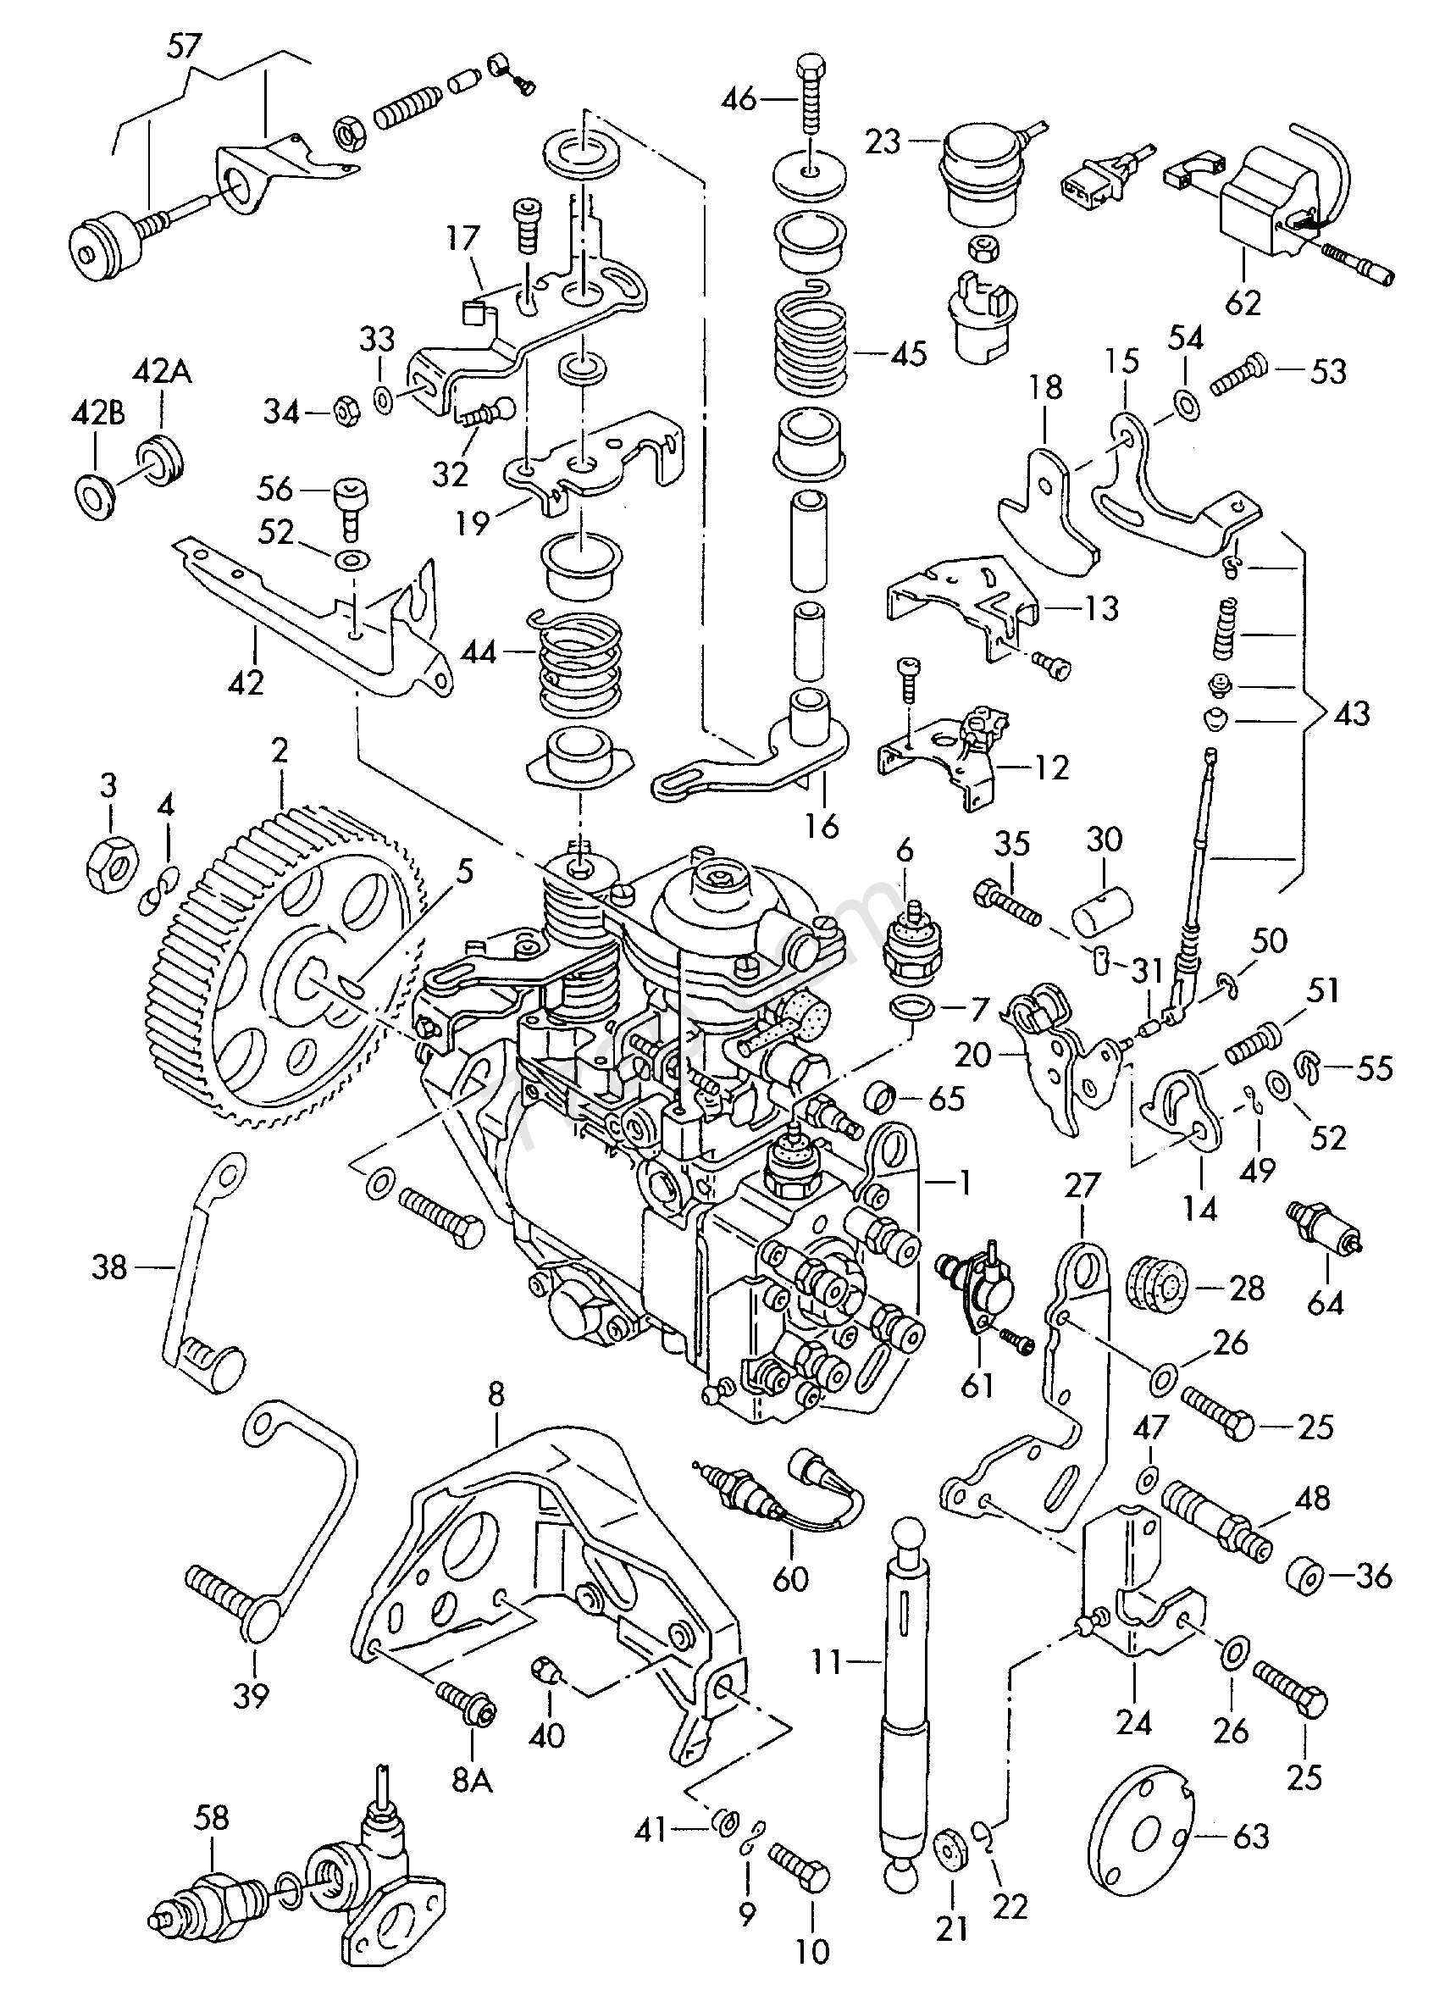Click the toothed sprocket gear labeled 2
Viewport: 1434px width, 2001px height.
pyautogui.click(x=291, y=962)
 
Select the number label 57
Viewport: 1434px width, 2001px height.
pyautogui.click(x=184, y=47)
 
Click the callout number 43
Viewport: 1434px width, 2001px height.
pyautogui.click(x=1351, y=712)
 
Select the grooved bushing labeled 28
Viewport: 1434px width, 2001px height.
pyautogui.click(x=1158, y=1289)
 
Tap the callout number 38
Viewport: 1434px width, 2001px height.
pyautogui.click(x=109, y=1269)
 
